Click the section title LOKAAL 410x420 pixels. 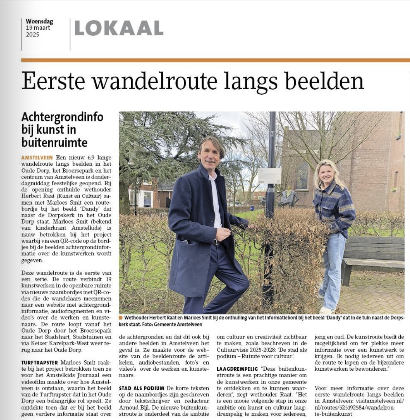(119, 28)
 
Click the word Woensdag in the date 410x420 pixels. (39, 21)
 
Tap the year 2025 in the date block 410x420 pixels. (33, 35)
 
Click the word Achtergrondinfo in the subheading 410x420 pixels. (62, 117)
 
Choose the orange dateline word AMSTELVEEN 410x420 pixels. (37, 157)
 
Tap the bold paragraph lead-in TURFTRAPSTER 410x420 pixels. (39, 362)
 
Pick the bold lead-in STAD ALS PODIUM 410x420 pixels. (142, 388)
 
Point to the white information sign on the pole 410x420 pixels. (270, 175)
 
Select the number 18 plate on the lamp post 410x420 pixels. (272, 134)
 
